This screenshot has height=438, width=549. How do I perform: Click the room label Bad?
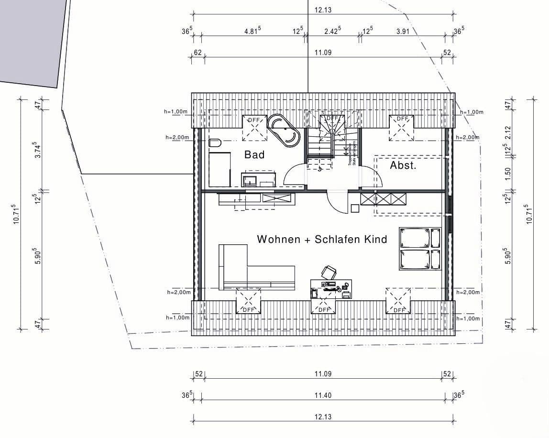254,154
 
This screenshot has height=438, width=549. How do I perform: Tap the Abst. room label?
403,166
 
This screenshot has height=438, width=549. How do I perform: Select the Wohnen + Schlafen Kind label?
322,239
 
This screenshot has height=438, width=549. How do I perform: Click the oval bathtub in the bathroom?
284,130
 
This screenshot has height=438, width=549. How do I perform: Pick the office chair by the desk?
329,273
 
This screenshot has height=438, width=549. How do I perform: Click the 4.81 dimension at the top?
252,31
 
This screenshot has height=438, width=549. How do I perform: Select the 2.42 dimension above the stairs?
332,31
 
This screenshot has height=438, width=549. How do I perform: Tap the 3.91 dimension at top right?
403,31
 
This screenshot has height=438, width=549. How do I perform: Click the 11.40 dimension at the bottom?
323,395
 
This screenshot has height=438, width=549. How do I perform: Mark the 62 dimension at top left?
198,52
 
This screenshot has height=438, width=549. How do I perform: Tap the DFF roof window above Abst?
402,128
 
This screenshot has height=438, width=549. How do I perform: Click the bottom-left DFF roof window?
248,301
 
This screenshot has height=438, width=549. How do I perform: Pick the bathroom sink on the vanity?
249,180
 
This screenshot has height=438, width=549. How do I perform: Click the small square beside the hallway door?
355,208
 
